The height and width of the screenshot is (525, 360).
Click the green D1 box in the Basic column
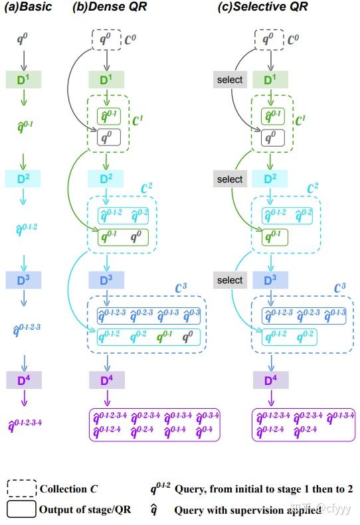[23, 80]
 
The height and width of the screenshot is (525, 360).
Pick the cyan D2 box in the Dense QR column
[106, 179]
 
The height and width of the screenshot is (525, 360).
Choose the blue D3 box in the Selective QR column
[270, 280]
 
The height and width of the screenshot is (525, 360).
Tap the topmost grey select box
[230, 80]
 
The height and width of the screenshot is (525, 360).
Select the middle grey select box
[230, 179]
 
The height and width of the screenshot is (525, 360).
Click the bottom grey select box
[230, 280]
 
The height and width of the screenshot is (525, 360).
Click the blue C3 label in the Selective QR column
[341, 287]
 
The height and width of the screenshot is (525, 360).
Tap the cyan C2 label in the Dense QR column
[165, 188]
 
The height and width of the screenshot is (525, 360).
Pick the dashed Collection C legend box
[21, 488]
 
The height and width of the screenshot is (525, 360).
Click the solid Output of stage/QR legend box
[21, 509]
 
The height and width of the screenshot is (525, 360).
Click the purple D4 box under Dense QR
[106, 380]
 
